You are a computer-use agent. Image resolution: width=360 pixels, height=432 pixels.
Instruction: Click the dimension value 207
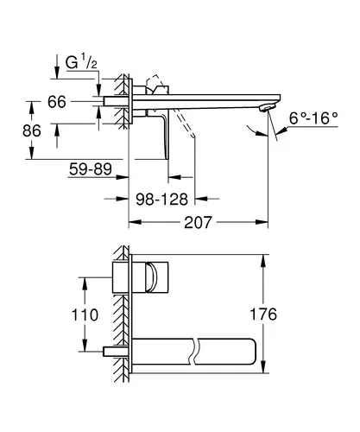198,222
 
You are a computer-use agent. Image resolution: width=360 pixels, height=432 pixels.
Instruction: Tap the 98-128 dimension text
161,199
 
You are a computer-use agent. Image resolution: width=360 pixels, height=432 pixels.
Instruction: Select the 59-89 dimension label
91,169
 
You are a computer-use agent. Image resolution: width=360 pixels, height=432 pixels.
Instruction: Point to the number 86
32,130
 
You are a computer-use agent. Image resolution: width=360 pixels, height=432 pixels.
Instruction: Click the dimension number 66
57,102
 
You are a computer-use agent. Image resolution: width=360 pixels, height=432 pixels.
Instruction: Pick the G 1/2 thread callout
81,62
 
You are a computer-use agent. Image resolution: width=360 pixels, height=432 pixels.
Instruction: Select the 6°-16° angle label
313,118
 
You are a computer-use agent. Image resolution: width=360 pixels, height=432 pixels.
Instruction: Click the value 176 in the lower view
263,314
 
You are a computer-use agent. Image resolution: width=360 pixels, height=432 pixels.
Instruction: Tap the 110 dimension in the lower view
85,314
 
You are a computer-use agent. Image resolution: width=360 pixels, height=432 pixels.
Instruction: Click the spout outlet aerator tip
268,108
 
